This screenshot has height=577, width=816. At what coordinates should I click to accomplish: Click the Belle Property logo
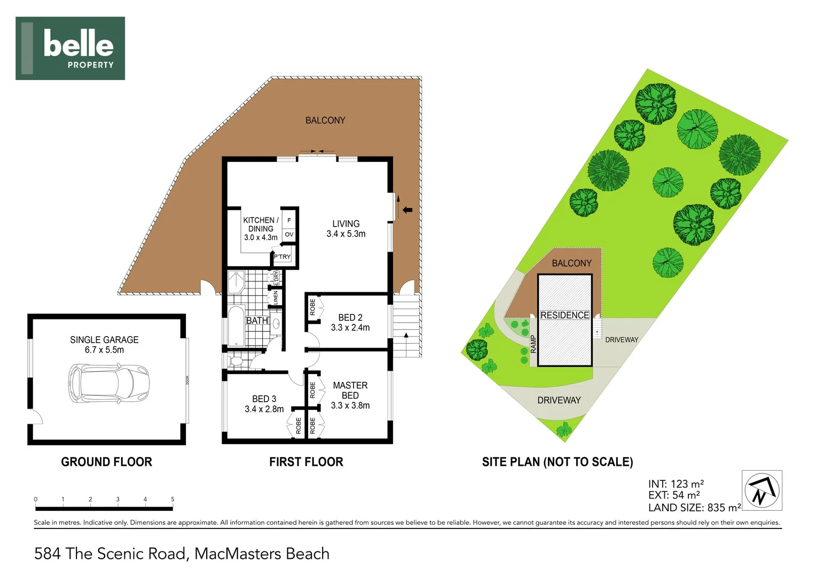pyautogui.click(x=70, y=48)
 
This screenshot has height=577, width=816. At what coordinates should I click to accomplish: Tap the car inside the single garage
pyautogui.click(x=108, y=383)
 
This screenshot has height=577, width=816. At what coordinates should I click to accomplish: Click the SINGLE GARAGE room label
pyautogui.click(x=104, y=345)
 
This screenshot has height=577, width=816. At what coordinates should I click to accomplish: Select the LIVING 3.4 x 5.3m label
pyautogui.click(x=346, y=229)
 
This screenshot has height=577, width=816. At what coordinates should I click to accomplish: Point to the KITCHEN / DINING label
pyautogui.click(x=261, y=228)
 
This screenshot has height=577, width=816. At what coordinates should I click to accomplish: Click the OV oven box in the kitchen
pyautogui.click(x=289, y=235)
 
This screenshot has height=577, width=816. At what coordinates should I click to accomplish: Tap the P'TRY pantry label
pyautogui.click(x=282, y=257)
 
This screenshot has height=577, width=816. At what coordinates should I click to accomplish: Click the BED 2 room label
pyautogui.click(x=350, y=322)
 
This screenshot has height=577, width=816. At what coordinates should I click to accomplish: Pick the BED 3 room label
pyautogui.click(x=264, y=404)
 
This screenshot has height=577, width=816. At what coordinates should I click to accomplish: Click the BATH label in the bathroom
pyautogui.click(x=257, y=321)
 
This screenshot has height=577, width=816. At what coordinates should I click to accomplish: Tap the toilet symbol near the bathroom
pyautogui.click(x=236, y=362)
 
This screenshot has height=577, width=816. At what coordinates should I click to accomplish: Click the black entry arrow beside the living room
pyautogui.click(x=407, y=210)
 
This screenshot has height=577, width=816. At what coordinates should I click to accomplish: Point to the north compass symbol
pyautogui.click(x=762, y=490)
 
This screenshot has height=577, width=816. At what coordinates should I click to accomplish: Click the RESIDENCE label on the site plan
pyautogui.click(x=564, y=315)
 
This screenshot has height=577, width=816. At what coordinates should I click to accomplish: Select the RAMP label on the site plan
pyautogui.click(x=533, y=344)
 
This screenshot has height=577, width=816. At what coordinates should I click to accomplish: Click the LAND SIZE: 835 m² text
pyautogui.click(x=694, y=508)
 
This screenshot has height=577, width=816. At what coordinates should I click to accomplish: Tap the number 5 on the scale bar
pyautogui.click(x=172, y=500)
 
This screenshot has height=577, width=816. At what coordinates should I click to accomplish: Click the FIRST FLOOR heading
pyautogui.click(x=306, y=462)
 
